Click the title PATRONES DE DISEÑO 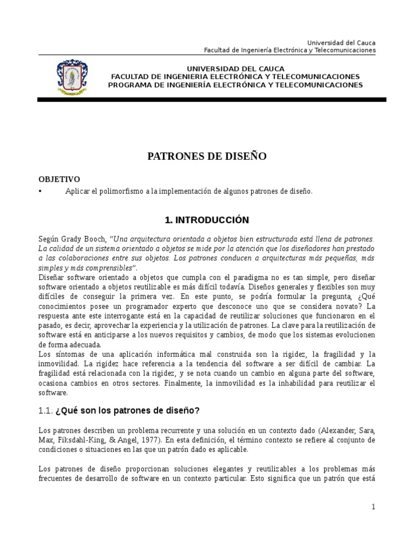coord(207,157)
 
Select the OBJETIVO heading coord(59,179)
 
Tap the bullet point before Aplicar coord(40,191)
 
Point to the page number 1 coord(372,507)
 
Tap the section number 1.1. coord(45,411)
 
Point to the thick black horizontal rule coord(211,100)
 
